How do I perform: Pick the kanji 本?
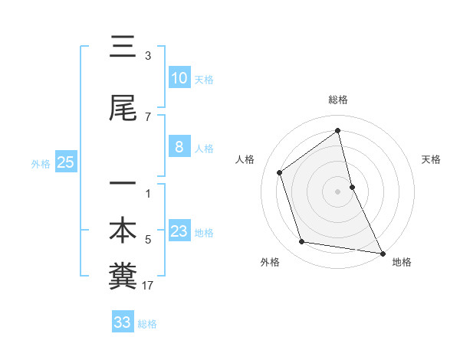(123, 231)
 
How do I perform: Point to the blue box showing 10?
(179, 78)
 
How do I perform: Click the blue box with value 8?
(179, 147)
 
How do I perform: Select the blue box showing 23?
(179, 231)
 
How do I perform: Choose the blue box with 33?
(123, 322)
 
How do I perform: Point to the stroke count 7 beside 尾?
(148, 117)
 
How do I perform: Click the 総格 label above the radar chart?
(337, 100)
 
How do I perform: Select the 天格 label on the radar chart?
(431, 159)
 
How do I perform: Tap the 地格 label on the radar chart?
(402, 262)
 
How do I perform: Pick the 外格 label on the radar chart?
(270, 262)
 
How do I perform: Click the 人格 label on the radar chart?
(245, 159)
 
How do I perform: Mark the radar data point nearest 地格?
(381, 252)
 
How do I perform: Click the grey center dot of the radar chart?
(337, 191)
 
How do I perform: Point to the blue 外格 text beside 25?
(41, 163)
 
